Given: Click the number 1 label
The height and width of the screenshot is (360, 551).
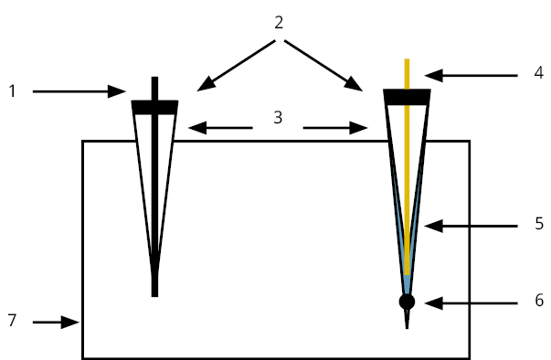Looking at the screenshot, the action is click(12, 91).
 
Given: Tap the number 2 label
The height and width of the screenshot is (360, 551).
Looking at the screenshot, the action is click(279, 23).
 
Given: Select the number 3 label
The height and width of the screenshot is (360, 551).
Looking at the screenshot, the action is click(278, 117).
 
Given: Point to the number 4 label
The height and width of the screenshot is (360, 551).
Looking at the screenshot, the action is click(539, 73).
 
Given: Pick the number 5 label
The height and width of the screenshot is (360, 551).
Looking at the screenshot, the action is click(539, 223).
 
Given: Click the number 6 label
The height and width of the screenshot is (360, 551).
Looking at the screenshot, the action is click(539, 301).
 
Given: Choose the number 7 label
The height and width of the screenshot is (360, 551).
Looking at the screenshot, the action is click(12, 321).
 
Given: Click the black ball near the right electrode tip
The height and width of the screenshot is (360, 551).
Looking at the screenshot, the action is click(407, 302).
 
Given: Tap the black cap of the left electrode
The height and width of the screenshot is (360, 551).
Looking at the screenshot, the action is click(154, 107).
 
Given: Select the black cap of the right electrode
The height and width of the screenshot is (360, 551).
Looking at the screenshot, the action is click(407, 97).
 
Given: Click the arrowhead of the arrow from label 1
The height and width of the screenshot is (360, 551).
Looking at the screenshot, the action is click(117, 91).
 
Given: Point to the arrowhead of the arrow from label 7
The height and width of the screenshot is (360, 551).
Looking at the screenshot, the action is click(70, 322).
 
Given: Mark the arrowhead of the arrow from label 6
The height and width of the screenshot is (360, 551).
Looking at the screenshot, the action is click(434, 303).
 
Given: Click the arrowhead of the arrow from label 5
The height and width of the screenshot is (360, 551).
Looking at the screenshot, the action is click(434, 227).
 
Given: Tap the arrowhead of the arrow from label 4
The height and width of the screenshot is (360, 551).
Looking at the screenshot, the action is click(434, 76).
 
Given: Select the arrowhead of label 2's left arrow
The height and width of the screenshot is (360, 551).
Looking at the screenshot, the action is click(206, 84).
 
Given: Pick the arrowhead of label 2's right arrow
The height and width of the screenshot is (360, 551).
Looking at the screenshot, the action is click(353, 84).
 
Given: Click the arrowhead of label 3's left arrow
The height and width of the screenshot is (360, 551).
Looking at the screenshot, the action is click(197, 128).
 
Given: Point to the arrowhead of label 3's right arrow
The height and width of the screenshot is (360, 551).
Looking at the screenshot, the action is click(359, 128).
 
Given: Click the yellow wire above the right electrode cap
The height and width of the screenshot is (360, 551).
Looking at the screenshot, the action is click(407, 74).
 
